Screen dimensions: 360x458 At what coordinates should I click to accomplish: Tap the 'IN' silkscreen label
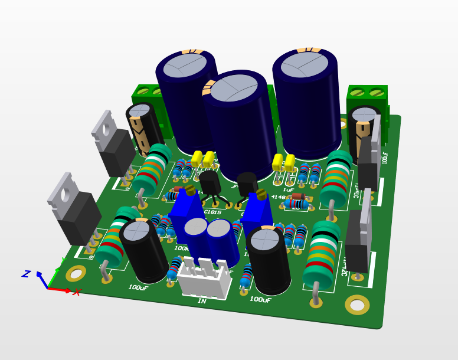coord(202,301)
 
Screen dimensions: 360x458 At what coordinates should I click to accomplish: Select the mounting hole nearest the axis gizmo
coord(76,273)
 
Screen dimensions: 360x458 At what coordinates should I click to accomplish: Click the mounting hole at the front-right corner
coord(357,305)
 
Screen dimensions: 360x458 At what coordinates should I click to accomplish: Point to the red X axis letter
coord(76,292)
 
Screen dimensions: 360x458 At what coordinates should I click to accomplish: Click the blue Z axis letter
coord(26,274)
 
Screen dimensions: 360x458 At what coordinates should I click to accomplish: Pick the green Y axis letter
coord(63,261)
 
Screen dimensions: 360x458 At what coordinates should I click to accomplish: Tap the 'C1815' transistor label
coord(212,212)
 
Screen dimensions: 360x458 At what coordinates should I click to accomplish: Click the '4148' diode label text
coord(278,198)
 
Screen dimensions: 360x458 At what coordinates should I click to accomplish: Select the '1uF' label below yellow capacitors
coord(288,174)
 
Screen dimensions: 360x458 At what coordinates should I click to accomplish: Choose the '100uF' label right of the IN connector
coord(260,300)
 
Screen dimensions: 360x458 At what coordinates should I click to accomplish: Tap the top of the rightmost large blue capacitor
coord(305,64)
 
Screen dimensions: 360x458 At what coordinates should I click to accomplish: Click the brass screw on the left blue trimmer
coord(190,190)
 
